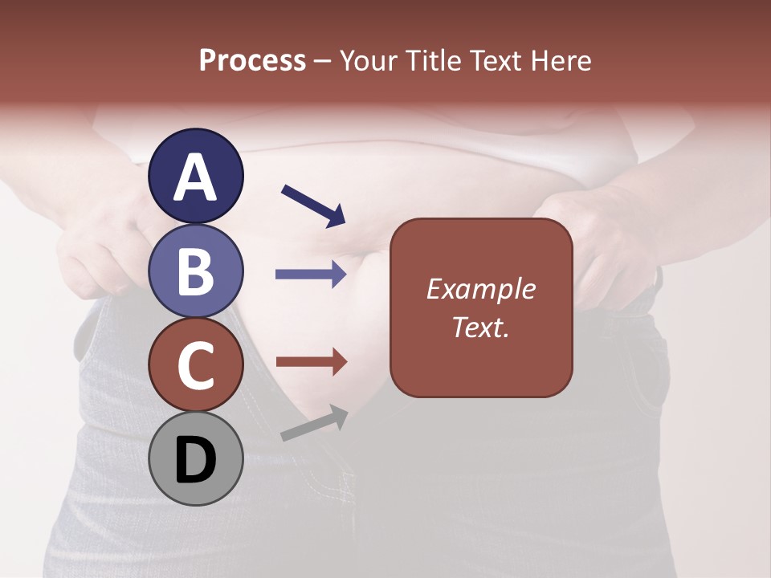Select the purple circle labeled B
tap(195, 271)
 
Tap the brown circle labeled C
tap(195, 364)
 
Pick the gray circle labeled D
tap(195, 458)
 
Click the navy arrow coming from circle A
tap(313, 205)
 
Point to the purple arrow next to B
tap(311, 275)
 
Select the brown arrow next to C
tap(311, 362)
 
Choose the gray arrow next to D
tap(314, 423)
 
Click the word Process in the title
tap(252, 60)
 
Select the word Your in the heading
tap(369, 60)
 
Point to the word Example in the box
tap(480, 289)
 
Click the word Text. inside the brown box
tap(480, 328)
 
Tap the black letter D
tap(195, 461)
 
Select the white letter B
tap(195, 272)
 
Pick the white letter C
tap(195, 366)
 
